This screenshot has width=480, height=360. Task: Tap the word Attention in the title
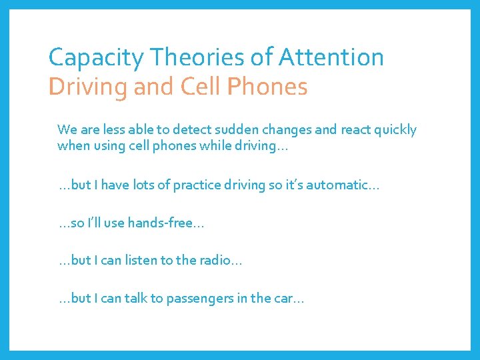[x=331, y=57]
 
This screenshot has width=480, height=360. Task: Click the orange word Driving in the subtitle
[x=86, y=87]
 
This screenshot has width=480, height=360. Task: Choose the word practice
[x=199, y=185]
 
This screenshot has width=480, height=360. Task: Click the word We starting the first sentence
[x=66, y=129]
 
